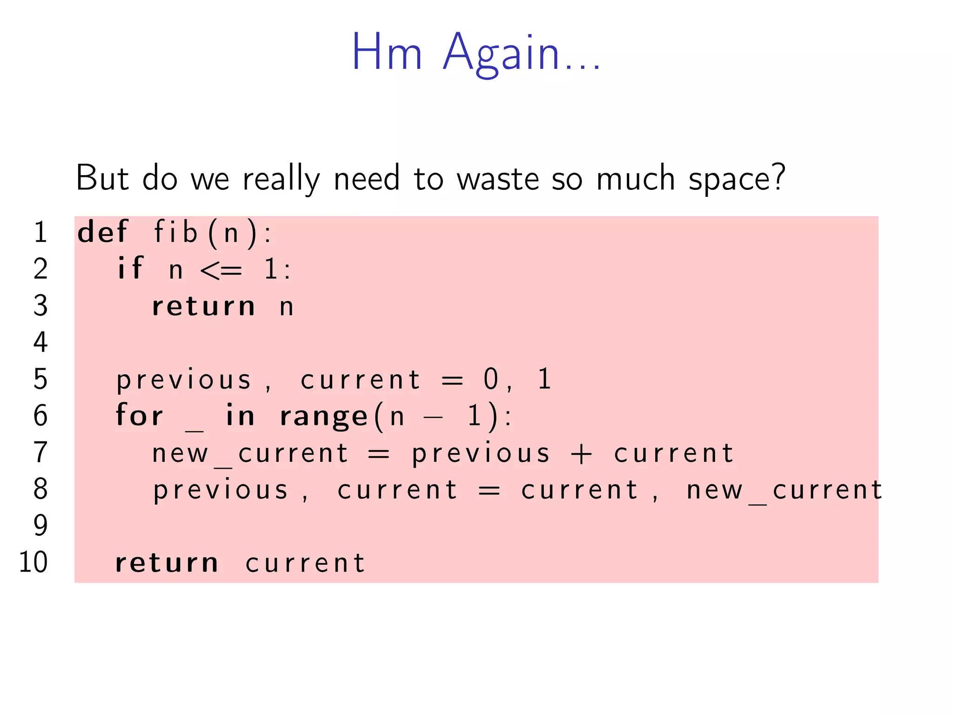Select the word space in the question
tap(737, 180)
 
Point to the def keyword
tap(102, 232)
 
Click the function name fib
tap(175, 232)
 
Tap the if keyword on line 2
tap(130, 269)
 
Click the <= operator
tap(221, 270)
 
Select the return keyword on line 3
tap(203, 307)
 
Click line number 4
tap(40, 342)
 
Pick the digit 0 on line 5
tap(491, 379)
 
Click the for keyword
tap(139, 415)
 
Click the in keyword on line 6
tap(240, 415)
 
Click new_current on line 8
tap(784, 491)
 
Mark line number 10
tap(33, 562)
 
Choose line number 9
tap(40, 526)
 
